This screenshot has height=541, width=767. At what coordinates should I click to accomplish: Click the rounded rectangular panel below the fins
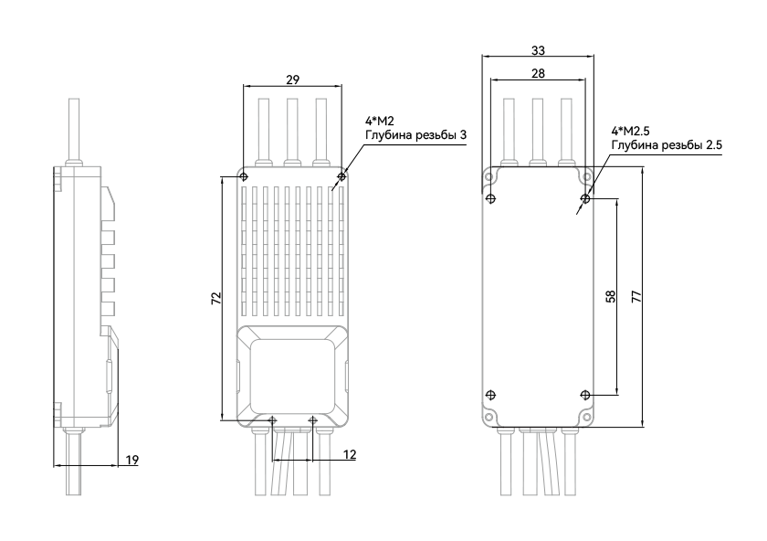coord(292,376)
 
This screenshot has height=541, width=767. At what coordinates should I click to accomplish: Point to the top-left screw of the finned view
coord(243,175)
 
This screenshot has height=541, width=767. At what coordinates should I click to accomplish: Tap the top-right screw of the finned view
coord(341,175)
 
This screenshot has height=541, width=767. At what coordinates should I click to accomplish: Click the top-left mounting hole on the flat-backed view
coord(489,175)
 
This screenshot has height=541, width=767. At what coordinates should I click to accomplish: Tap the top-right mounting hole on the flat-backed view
coord(586,175)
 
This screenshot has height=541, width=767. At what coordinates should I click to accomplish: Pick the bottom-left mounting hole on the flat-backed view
coord(489,418)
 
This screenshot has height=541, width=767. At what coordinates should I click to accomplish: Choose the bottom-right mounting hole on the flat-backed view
coord(586,418)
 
